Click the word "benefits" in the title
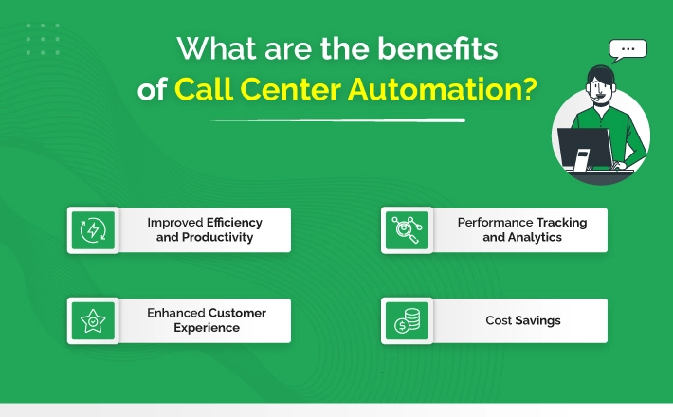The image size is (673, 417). click(438, 48)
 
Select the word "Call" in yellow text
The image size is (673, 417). click(204, 89)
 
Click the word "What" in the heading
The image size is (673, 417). click(217, 48)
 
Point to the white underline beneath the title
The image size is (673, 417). click(338, 121)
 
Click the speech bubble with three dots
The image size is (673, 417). click(628, 50)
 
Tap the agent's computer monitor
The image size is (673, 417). click(586, 148)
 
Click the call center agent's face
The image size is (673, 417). click(600, 88)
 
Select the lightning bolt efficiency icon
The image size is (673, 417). click(93, 230)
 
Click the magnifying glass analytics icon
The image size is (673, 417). click(407, 230)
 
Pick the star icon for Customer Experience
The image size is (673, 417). click(93, 321)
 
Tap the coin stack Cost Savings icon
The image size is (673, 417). click(408, 321)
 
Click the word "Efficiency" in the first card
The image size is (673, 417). click(234, 222)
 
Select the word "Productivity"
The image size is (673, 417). click(218, 237)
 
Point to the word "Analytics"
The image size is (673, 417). click(535, 237)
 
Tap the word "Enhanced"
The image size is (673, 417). click(176, 313)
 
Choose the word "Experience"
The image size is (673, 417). click(207, 328)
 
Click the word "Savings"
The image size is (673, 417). click(537, 320)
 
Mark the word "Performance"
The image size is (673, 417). click(489, 222)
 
